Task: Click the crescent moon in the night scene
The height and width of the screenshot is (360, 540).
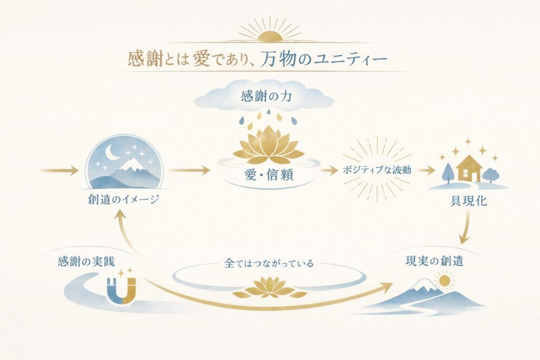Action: (112, 152)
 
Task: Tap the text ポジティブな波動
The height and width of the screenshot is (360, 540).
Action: (376, 170)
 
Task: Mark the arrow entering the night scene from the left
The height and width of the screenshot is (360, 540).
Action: (60, 170)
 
